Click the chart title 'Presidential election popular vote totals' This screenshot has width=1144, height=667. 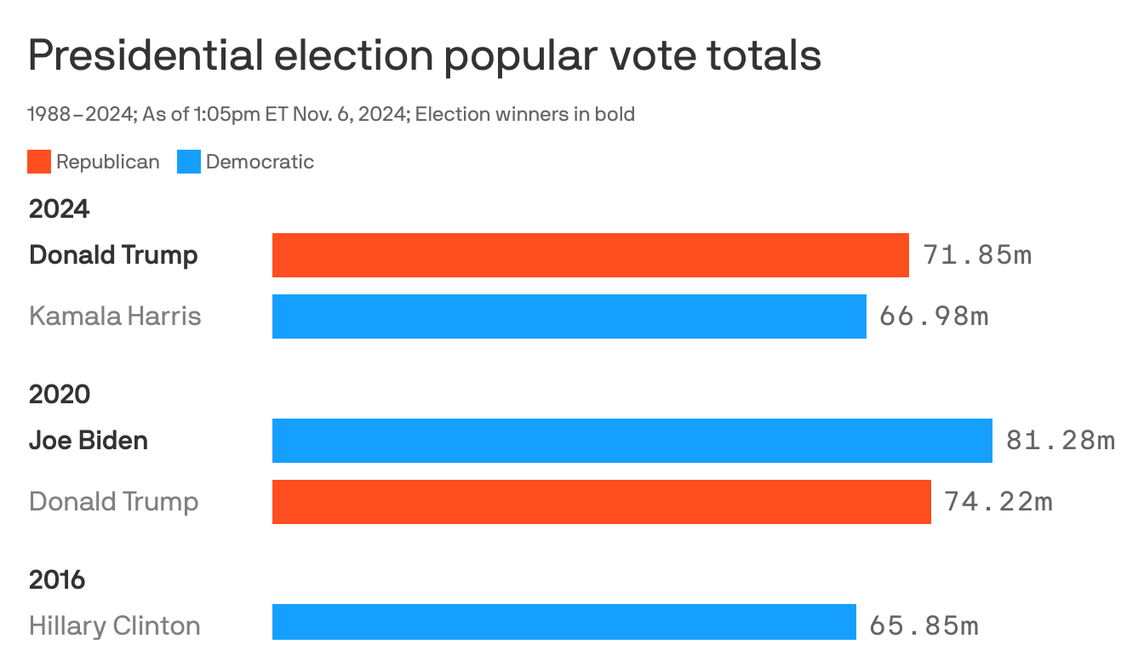tap(424, 56)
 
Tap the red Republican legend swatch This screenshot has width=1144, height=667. tap(39, 162)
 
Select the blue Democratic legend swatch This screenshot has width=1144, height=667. tap(189, 162)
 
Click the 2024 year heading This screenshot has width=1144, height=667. tap(59, 208)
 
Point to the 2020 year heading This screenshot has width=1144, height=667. tap(59, 394)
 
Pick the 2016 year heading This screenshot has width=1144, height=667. tap(57, 579)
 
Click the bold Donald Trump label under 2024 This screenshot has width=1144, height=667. tap(113, 255)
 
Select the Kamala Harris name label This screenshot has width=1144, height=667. tap(115, 316)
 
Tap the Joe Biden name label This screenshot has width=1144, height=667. tap(89, 441)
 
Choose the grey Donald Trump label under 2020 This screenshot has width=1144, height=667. tap(113, 502)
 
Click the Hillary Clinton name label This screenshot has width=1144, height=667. tap(114, 626)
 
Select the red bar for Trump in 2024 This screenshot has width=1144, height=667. tap(590, 255)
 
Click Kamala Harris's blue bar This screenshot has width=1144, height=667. tap(569, 316)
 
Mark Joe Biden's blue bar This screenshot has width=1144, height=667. tap(632, 441)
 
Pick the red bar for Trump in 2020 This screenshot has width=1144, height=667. tap(601, 502)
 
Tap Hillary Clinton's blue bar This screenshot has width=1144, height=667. tap(563, 623)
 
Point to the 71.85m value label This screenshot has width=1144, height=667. tap(976, 255)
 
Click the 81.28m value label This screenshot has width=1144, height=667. tap(1060, 441)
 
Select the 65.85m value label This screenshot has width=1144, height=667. tap(924, 626)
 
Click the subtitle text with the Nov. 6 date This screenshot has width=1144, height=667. tap(331, 114)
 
